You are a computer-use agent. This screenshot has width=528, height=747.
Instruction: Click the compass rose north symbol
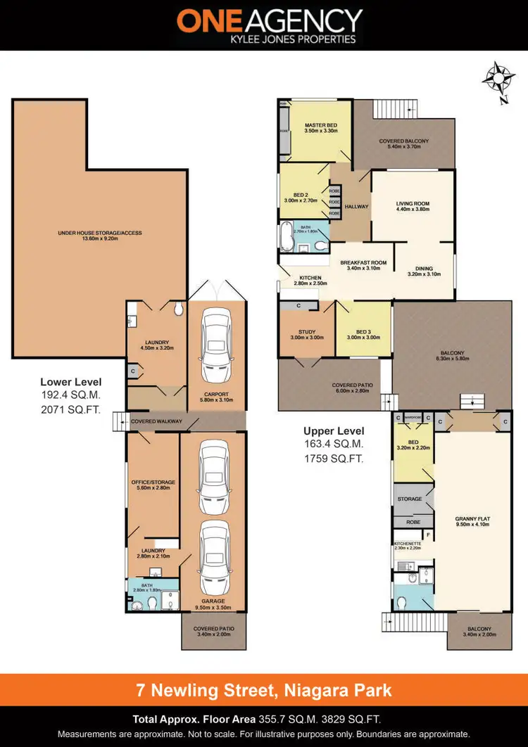coord(499,79)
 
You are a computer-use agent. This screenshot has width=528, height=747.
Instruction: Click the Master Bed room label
coord(320,125)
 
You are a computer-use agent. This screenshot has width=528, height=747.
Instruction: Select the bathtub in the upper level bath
coord(286,237)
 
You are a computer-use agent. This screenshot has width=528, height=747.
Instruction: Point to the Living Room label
coord(413,204)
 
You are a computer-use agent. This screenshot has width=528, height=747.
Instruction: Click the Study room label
coord(306,332)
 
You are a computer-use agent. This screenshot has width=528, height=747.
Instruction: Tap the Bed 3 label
coord(363,332)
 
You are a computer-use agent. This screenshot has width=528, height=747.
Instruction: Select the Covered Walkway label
coord(156,421)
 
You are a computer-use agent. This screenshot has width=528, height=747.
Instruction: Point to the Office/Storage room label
coord(153,482)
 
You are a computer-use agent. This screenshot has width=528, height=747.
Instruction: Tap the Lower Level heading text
coord(70,382)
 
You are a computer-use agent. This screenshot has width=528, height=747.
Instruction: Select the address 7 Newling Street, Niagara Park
coord(264,690)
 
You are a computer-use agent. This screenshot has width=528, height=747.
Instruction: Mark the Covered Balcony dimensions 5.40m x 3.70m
coord(403,148)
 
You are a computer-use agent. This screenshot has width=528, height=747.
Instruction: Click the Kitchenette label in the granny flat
coord(407,544)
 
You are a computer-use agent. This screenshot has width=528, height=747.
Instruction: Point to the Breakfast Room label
coord(364,263)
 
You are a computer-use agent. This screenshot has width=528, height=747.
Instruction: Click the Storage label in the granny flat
coord(410,499)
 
